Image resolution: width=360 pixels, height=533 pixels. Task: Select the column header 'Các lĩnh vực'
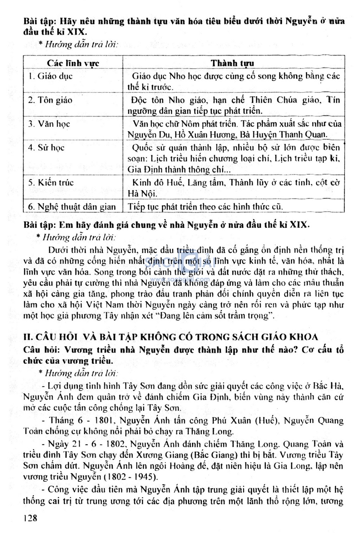(x=73, y=63)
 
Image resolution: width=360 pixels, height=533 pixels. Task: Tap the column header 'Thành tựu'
(x=232, y=63)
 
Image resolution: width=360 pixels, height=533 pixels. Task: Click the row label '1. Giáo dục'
(x=50, y=76)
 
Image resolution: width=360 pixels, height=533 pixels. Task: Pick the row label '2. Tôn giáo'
(x=50, y=100)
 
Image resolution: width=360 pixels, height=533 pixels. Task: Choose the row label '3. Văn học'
(x=49, y=124)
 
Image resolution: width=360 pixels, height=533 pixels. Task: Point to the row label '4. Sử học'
(x=46, y=147)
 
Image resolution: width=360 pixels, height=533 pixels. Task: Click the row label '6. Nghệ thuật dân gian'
(x=72, y=207)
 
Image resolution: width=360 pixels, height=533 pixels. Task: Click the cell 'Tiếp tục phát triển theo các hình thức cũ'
(x=205, y=207)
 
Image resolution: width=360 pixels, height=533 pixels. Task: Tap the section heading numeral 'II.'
(x=28, y=337)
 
